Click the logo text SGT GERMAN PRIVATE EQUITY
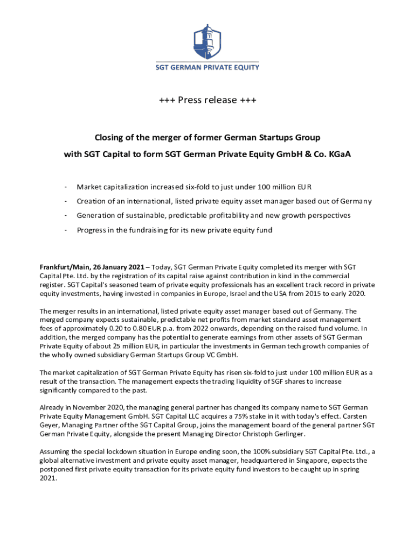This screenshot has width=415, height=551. (x=207, y=67)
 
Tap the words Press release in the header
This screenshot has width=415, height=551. (x=207, y=100)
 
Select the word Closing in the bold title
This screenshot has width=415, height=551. (x=110, y=137)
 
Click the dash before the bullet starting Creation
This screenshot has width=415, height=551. (x=65, y=201)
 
